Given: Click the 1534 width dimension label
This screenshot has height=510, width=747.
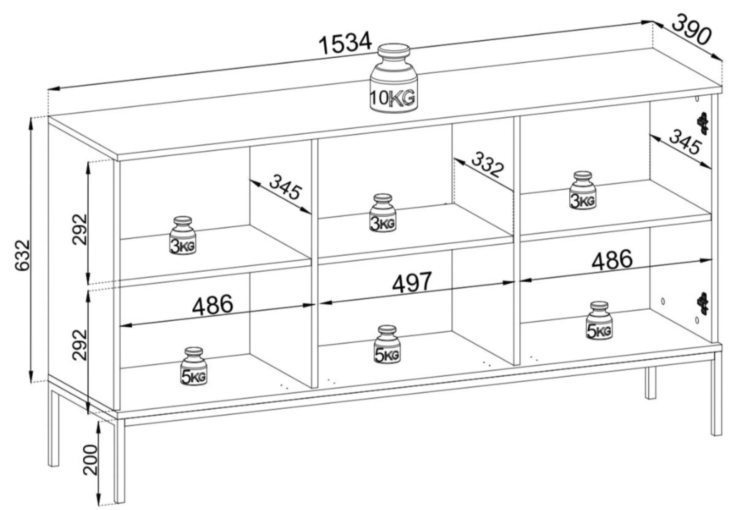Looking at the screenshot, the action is [345, 43].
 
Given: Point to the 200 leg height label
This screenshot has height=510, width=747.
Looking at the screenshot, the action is [90, 460].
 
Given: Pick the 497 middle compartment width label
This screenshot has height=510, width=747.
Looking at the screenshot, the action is [412, 282].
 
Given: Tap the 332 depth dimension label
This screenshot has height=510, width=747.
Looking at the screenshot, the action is [487, 164].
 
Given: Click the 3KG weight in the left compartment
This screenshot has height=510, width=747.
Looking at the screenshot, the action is [183, 235].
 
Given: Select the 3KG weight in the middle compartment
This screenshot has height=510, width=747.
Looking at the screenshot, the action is [383, 213].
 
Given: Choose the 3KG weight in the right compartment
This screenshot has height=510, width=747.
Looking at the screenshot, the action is [583, 191].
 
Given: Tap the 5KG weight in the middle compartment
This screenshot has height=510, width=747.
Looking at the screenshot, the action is [387, 344].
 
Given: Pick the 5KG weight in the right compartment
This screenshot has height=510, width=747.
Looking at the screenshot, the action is [599, 321].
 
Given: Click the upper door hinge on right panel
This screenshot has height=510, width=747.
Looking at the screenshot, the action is [703, 123].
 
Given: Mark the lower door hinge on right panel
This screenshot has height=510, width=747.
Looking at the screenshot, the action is [703, 304].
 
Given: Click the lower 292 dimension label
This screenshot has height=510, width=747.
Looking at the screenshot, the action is [79, 344].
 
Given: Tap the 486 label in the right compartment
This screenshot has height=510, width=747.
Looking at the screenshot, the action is [611, 260].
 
